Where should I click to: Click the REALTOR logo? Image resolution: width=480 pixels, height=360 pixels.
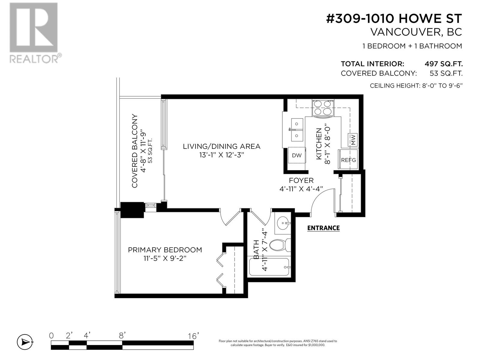click(x=35, y=33)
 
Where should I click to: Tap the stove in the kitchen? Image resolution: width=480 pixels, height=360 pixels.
click(x=323, y=108)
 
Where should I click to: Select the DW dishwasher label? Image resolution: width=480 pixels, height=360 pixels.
click(x=296, y=155)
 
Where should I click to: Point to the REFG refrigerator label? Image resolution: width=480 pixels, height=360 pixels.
click(x=348, y=160)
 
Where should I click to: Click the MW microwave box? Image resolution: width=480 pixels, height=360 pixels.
click(x=352, y=140)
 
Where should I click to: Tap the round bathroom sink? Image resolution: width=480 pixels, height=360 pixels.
click(x=283, y=223)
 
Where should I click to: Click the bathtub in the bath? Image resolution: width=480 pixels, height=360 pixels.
click(x=269, y=267)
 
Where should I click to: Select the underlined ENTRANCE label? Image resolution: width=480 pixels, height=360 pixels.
click(x=323, y=228)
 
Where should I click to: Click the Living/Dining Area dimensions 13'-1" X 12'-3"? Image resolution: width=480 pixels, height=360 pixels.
click(x=221, y=155)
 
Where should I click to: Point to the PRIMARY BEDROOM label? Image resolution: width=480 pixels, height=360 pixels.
click(x=165, y=250)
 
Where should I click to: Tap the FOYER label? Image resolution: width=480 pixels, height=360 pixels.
click(x=301, y=180)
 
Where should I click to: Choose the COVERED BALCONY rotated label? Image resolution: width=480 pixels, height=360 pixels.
click(x=134, y=151)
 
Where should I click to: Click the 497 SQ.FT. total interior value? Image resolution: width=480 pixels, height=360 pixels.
click(x=443, y=64)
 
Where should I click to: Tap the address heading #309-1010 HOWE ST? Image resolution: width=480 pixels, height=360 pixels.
click(x=394, y=18)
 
